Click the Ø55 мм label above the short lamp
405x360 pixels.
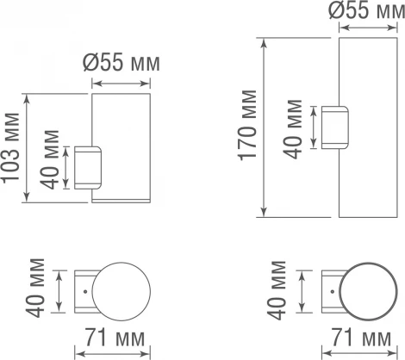coord(122,65)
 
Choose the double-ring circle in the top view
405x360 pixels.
coord(364,294)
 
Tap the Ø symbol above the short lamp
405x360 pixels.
coord(92,65)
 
